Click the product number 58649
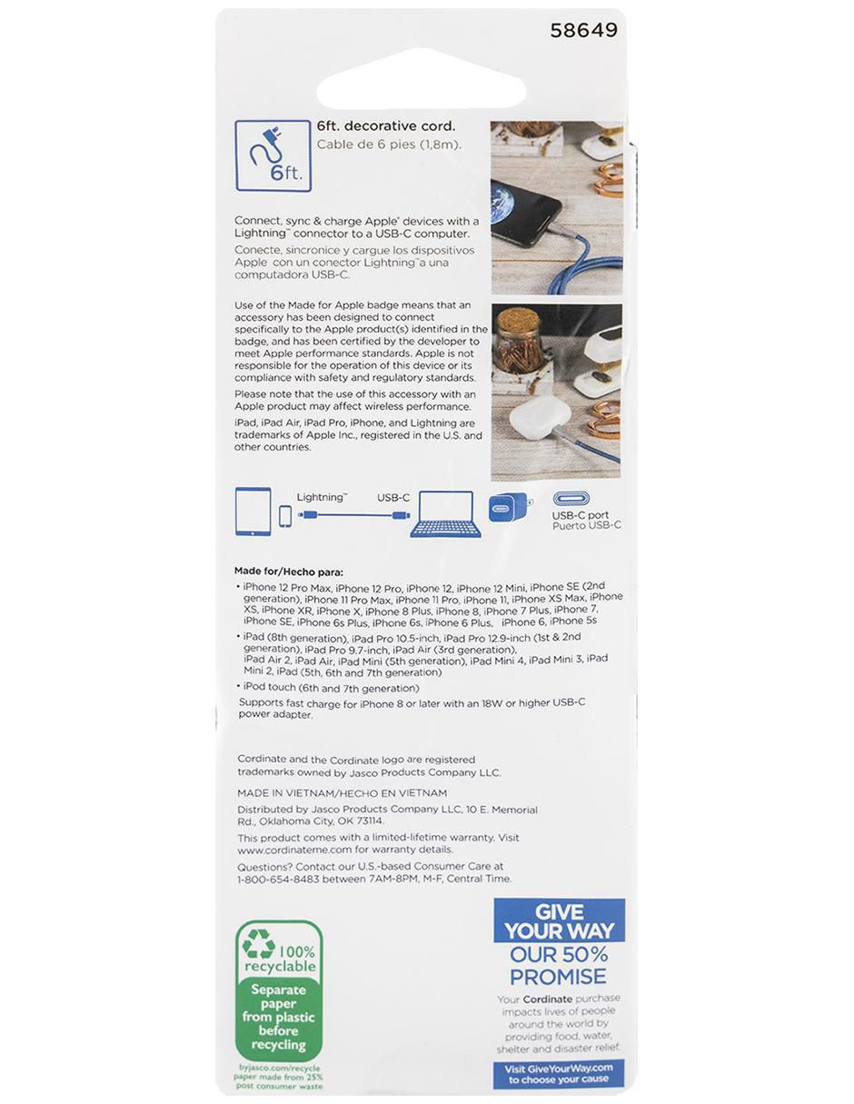[584, 31]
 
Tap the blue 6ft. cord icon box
[273, 156]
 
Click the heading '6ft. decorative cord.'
[386, 126]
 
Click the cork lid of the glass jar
[518, 320]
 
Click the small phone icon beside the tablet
[286, 517]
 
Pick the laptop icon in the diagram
[445, 514]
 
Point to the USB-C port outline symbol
[571, 499]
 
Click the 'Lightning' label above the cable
[322, 498]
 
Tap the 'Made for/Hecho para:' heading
[288, 572]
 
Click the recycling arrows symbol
[258, 944]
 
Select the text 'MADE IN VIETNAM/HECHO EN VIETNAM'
[343, 793]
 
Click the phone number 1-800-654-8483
[278, 879]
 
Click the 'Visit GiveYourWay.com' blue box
[559, 1073]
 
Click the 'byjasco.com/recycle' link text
[279, 1068]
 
